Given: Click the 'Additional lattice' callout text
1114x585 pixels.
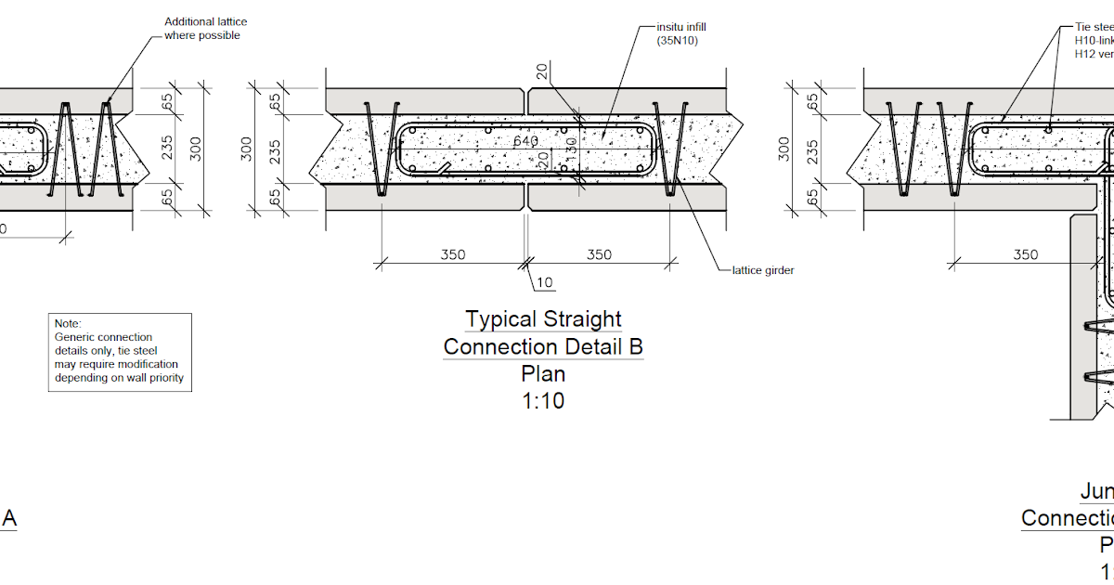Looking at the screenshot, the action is [x=206, y=21].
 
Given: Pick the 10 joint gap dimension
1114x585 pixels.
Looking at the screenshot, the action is [x=545, y=282].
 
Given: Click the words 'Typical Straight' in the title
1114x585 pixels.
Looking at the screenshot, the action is [x=543, y=319].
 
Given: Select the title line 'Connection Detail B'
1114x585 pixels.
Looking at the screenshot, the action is [x=543, y=347].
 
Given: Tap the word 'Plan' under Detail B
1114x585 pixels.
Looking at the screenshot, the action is [x=543, y=374].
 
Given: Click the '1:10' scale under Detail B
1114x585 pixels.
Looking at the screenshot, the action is [x=543, y=401].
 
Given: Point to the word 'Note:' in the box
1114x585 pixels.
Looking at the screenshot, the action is [x=69, y=323].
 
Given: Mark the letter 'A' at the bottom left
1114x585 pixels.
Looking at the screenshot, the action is [x=8, y=519].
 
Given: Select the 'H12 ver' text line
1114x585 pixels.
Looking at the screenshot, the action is [x=1094, y=54].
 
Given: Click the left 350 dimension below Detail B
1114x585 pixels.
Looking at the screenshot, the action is [x=452, y=254].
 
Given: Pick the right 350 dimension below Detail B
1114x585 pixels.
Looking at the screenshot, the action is [x=600, y=254].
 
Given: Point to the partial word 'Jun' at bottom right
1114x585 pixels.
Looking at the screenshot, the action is [x=1096, y=491].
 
